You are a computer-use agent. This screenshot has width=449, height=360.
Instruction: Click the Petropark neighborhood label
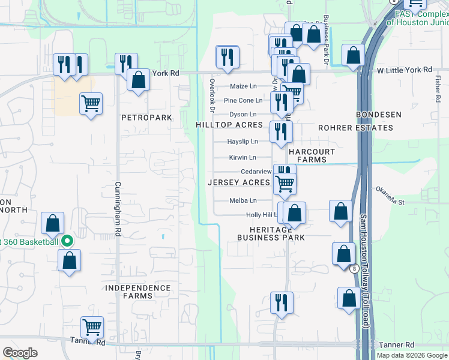click(x=146, y=118)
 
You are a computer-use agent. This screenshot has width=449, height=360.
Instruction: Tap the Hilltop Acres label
click(x=229, y=125)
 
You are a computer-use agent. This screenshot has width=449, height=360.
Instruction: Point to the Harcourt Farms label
click(x=312, y=156)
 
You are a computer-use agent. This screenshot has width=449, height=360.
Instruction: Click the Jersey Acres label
click(x=240, y=182)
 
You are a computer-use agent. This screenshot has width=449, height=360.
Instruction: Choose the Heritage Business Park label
click(x=271, y=233)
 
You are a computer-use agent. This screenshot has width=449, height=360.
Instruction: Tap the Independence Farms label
click(x=137, y=292)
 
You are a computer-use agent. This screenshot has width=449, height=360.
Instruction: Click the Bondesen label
click(x=375, y=114)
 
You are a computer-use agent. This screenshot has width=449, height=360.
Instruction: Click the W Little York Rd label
click(x=405, y=70)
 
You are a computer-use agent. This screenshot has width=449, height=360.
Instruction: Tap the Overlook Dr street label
click(x=212, y=94)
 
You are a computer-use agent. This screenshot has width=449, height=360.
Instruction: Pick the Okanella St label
click(x=390, y=196)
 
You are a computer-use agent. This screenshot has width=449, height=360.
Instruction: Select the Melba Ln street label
click(x=243, y=200)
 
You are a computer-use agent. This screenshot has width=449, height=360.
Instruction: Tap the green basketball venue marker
click(x=67, y=242)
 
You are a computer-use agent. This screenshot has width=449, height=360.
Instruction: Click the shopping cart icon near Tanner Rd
click(x=92, y=327)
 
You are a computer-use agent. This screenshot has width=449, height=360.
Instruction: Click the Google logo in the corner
click(x=20, y=353)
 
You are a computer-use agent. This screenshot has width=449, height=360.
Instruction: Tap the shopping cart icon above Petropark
click(x=91, y=103)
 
